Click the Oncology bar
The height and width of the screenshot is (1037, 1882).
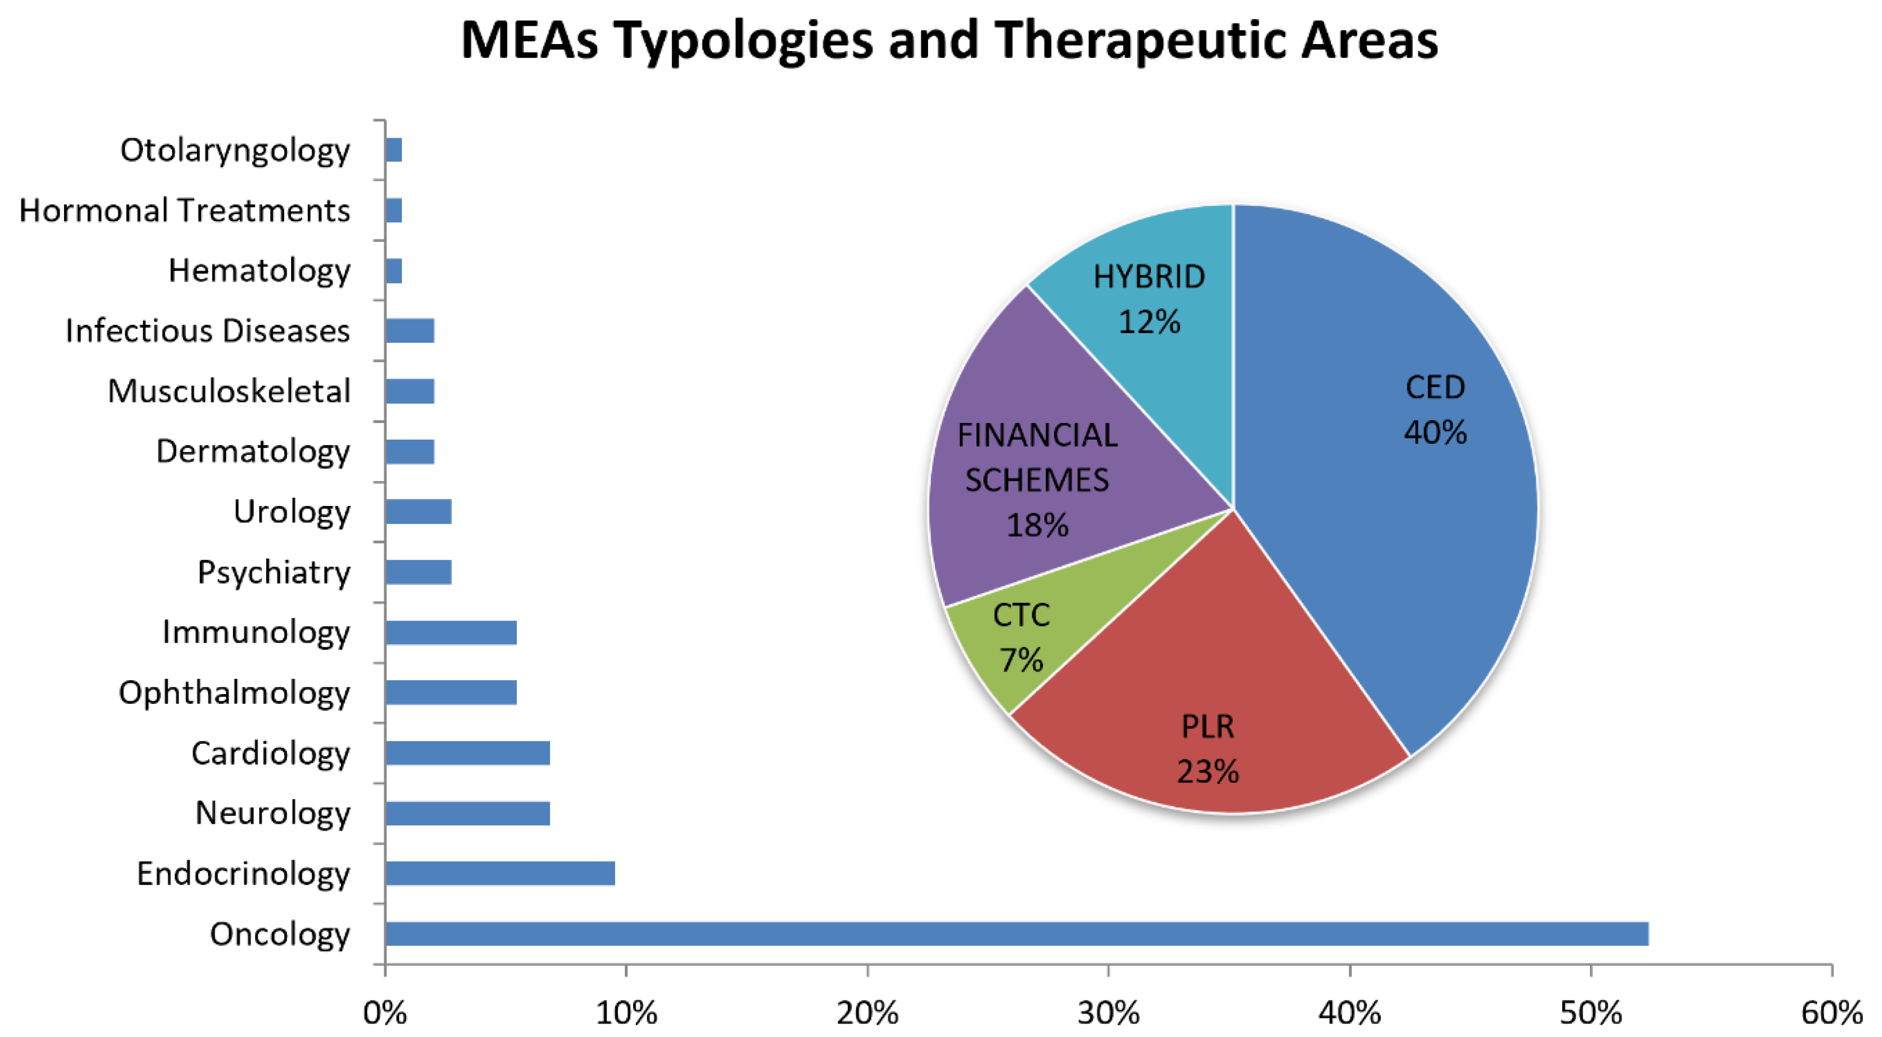tap(1016, 933)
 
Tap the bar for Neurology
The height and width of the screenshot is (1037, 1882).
tap(468, 813)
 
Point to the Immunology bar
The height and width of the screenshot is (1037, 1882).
tap(451, 632)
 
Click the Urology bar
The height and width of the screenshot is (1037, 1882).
tap(419, 511)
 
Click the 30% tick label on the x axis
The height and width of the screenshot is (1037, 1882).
tap(1108, 1014)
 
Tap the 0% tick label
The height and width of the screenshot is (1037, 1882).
tap(385, 1014)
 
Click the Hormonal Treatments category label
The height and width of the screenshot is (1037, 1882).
tap(185, 210)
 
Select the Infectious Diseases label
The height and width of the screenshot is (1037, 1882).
tap(208, 331)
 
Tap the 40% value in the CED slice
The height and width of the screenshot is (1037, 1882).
tap(1435, 432)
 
